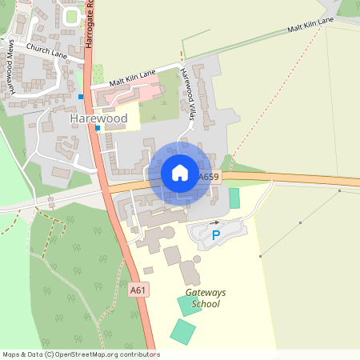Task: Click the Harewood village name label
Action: coord(98,118)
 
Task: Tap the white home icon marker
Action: coord(179,173)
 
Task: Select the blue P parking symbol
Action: coord(215,235)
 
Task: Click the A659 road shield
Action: coord(209,177)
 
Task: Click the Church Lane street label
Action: coord(46,51)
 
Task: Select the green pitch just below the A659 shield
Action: coord(234,198)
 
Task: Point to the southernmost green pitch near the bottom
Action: coord(182,332)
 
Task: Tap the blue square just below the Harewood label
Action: coord(98,128)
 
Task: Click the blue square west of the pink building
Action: coord(81,97)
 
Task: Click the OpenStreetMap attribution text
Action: coord(80,354)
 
